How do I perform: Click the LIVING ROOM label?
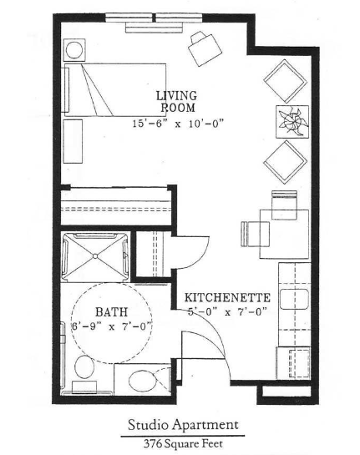(177, 102)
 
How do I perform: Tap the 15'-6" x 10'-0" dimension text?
(179, 124)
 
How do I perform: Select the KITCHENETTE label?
(228, 298)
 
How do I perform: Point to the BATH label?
(111, 312)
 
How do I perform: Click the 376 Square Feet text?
(183, 443)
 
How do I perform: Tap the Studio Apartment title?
(183, 425)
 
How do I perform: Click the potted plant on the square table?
(292, 121)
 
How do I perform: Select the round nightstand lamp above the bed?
(74, 49)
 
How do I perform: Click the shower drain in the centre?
(95, 256)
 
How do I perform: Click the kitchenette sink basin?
(294, 299)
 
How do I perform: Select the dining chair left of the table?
(256, 234)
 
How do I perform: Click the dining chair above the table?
(284, 205)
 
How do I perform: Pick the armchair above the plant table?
(286, 81)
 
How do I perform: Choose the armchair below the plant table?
(286, 162)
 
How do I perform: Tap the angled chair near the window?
(205, 48)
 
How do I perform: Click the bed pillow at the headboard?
(67, 89)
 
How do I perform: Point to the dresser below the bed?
(73, 141)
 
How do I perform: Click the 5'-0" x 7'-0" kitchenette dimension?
(227, 312)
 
